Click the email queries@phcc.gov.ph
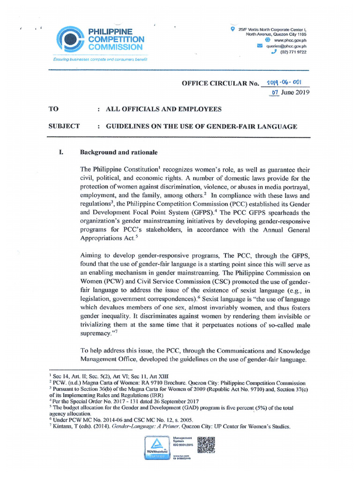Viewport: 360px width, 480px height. tap(286, 46)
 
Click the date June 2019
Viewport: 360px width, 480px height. tap(295, 92)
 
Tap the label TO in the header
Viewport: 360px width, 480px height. tap(54, 109)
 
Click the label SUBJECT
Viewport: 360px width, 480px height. tap(64, 126)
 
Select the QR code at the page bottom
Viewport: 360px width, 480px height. tap(206, 445)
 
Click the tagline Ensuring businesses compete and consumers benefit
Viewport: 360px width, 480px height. tap(99, 60)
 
